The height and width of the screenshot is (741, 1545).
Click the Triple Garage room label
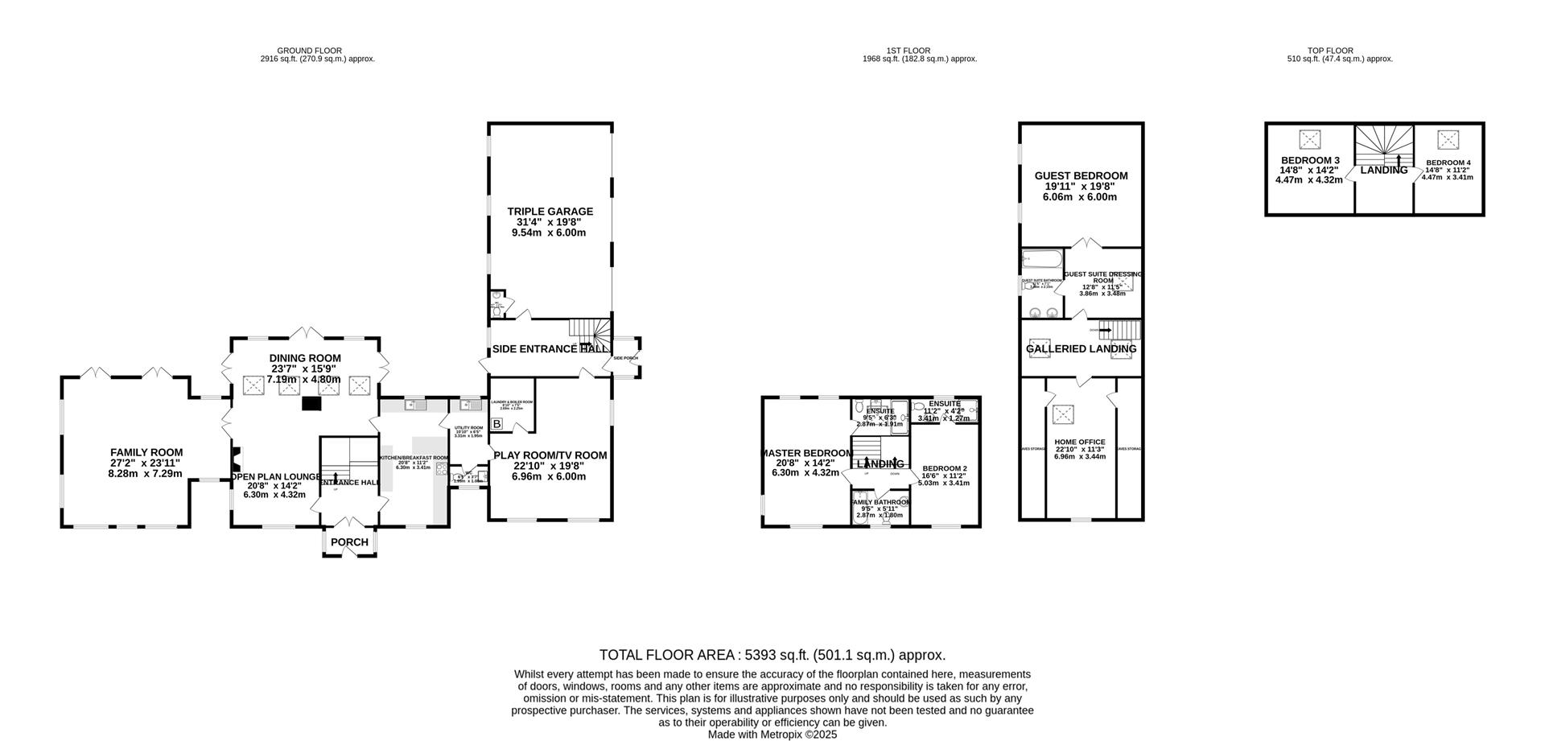click(550, 212)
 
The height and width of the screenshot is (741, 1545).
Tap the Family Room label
click(146, 453)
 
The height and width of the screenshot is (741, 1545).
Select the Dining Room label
click(305, 358)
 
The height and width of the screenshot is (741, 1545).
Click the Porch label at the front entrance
click(349, 542)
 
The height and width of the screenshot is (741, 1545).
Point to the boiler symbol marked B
click(496, 423)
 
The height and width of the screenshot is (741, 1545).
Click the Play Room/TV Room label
click(550, 455)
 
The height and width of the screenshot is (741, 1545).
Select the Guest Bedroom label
click(1081, 175)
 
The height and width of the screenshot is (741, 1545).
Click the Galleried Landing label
click(1081, 348)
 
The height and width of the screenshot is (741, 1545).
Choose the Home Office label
click(1080, 442)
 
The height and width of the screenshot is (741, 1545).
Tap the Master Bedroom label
click(807, 453)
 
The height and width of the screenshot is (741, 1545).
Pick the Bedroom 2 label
click(944, 468)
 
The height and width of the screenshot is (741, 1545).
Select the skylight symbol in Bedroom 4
click(1448, 140)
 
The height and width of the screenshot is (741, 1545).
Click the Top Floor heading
click(1308, 50)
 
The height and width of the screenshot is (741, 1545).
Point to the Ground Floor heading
click(317, 50)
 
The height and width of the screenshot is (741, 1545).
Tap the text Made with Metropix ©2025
click(772, 735)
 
